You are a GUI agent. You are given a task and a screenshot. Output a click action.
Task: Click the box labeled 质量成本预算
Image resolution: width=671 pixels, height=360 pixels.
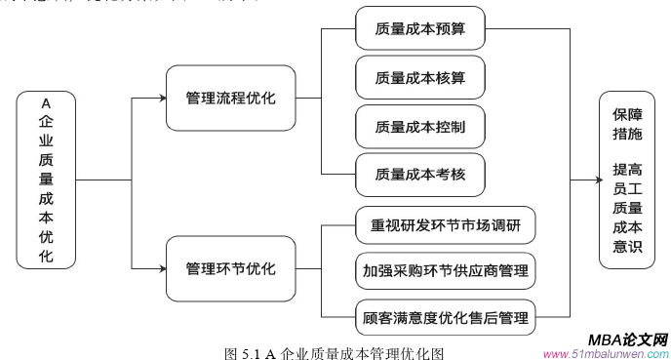point(419,30)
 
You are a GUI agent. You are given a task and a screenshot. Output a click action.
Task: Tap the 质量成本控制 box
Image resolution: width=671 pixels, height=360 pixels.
point(419,128)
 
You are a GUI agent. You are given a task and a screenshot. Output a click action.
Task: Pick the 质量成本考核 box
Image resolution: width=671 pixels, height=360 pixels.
point(419,177)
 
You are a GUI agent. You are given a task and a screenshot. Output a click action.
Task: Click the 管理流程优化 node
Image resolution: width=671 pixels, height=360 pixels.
point(230,99)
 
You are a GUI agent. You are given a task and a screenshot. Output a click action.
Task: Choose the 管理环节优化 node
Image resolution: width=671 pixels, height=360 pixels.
point(230,268)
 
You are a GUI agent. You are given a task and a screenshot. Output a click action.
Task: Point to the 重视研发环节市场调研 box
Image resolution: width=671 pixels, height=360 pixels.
point(446,226)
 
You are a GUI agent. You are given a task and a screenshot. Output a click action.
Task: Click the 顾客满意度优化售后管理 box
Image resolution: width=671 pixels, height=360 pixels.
point(446,316)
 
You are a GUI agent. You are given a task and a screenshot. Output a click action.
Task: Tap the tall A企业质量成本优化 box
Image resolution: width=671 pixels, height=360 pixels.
point(46,180)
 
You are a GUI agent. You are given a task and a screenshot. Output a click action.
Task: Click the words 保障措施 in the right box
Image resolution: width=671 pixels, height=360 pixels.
point(627,123)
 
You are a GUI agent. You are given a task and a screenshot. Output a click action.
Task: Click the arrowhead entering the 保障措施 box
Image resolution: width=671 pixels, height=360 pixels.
point(593,180)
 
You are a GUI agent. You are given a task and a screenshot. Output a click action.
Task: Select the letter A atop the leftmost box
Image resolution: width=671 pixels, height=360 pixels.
point(46,102)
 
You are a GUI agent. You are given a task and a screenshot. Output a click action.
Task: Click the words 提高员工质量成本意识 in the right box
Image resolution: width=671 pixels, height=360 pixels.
point(627,208)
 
